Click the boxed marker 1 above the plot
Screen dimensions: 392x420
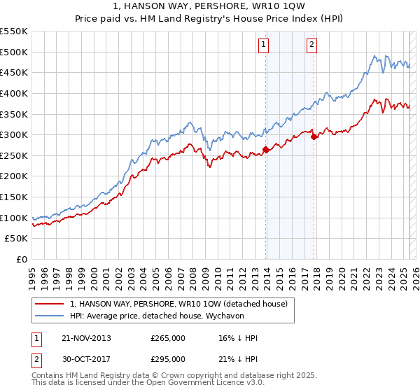point(263,45)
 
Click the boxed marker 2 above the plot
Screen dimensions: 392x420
point(311,45)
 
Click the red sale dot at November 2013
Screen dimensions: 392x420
point(266,149)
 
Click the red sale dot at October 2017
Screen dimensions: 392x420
point(314,136)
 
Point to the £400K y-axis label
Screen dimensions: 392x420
point(14,93)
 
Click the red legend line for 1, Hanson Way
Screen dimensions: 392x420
point(49,304)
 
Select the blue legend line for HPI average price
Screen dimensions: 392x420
point(49,316)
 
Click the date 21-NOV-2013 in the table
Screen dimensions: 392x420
point(86,338)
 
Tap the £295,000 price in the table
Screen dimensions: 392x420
point(168,358)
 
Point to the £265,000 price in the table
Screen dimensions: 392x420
point(168,338)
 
